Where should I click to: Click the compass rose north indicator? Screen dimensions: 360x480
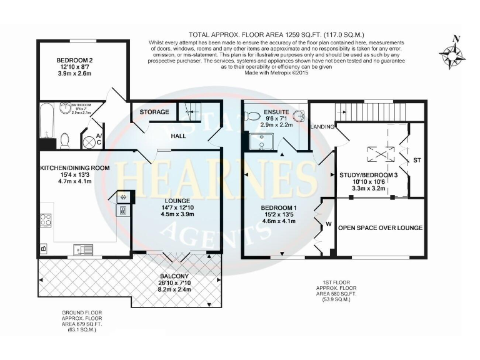coord(454,51)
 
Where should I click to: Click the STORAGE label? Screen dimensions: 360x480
coord(154,112)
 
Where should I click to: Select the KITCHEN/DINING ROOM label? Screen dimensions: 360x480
coord(74,168)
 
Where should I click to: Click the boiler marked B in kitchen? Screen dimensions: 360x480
coord(43,248)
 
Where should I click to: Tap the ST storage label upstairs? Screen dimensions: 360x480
coord(417,161)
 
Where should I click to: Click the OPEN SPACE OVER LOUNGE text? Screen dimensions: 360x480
coord(380,227)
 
